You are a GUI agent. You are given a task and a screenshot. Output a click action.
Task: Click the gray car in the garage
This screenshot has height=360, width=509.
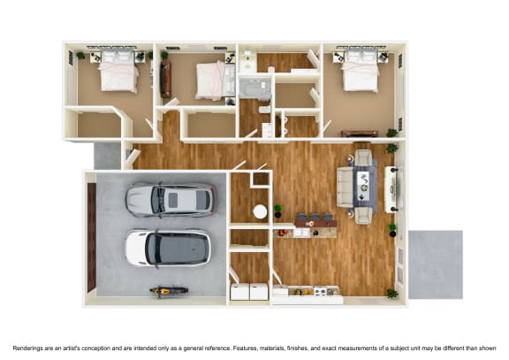click(170, 200)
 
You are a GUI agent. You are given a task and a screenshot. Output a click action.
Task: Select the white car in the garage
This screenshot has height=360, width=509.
click(168, 248)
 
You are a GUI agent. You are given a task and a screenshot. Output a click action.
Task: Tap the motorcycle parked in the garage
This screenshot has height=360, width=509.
click(163, 291)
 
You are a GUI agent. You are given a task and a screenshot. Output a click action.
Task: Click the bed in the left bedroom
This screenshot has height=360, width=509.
click(118, 73)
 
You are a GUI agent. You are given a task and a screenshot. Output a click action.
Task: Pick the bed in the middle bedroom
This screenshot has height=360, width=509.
click(211, 79)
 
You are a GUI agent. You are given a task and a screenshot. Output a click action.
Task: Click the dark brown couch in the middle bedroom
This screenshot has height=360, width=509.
click(165, 79)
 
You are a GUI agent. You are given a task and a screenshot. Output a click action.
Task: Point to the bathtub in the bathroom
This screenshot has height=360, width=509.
click(256, 88)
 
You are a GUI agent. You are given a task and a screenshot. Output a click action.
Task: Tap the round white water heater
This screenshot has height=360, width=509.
click(260, 211)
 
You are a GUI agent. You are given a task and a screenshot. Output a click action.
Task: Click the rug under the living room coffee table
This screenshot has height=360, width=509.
click(365, 186)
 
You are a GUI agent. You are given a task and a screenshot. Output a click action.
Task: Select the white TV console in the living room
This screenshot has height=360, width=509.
click(391, 188)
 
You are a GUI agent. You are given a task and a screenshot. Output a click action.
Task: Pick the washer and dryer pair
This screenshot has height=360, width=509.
click(248, 291)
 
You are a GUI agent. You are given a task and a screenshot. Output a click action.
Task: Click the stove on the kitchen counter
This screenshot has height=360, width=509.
click(320, 290)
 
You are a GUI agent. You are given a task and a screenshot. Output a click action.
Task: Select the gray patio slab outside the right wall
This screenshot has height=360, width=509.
click(435, 264)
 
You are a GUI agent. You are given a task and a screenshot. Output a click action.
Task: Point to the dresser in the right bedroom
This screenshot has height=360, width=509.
click(360, 134)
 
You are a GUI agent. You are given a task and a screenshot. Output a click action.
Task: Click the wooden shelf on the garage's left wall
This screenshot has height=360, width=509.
click(91, 235)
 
